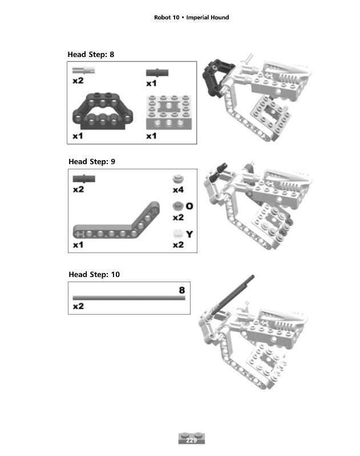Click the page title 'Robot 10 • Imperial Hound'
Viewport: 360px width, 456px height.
pos(191,18)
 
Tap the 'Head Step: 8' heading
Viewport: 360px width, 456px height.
pos(91,54)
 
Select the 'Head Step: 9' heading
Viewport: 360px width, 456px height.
pos(92,162)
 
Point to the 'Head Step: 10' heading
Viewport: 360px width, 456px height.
pos(94,275)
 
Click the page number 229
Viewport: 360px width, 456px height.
pos(191,440)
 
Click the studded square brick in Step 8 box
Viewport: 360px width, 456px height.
pos(169,112)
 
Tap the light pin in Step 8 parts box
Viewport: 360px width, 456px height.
pos(83,70)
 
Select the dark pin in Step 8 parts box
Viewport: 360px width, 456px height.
pos(157,72)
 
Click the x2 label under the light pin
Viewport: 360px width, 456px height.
pos(78,80)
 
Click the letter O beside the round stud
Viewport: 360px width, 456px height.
pos(189,206)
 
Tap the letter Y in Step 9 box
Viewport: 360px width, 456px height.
pos(189,234)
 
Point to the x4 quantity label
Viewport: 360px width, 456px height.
pos(178,190)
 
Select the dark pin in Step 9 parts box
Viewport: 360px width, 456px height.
pos(84,178)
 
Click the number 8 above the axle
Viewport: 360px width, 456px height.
pos(182,290)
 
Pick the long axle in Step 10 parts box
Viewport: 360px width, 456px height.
pos(129,298)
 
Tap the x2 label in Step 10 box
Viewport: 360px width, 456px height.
pos(78,306)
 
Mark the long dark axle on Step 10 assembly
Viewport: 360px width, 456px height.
pos(232,295)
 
